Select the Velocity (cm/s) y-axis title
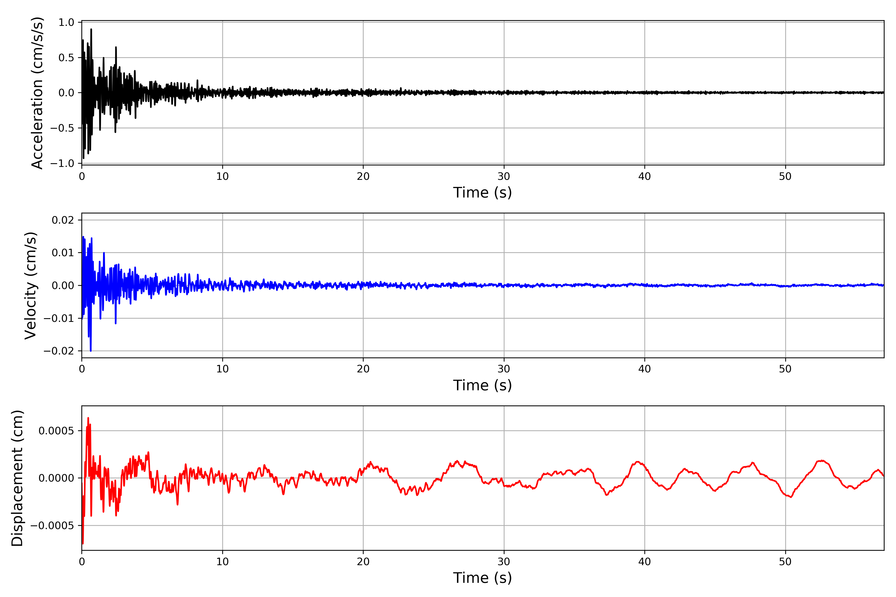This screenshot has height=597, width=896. point(30,286)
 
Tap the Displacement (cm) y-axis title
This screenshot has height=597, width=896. point(17,478)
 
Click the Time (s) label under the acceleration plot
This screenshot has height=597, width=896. point(482,193)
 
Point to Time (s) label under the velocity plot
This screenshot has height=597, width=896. point(482,385)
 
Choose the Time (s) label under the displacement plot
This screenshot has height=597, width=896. point(482,578)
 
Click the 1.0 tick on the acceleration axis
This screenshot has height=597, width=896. point(66,22)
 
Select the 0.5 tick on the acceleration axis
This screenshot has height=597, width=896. point(66,57)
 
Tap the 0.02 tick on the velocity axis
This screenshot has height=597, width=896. point(63,220)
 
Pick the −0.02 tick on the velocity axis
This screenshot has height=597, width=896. point(59,351)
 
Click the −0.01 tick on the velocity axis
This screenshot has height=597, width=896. point(59,318)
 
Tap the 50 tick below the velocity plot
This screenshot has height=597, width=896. point(785,369)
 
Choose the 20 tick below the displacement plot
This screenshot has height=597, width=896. point(363,562)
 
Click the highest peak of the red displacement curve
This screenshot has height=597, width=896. point(88,418)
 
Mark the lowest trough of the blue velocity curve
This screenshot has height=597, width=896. point(90,351)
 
